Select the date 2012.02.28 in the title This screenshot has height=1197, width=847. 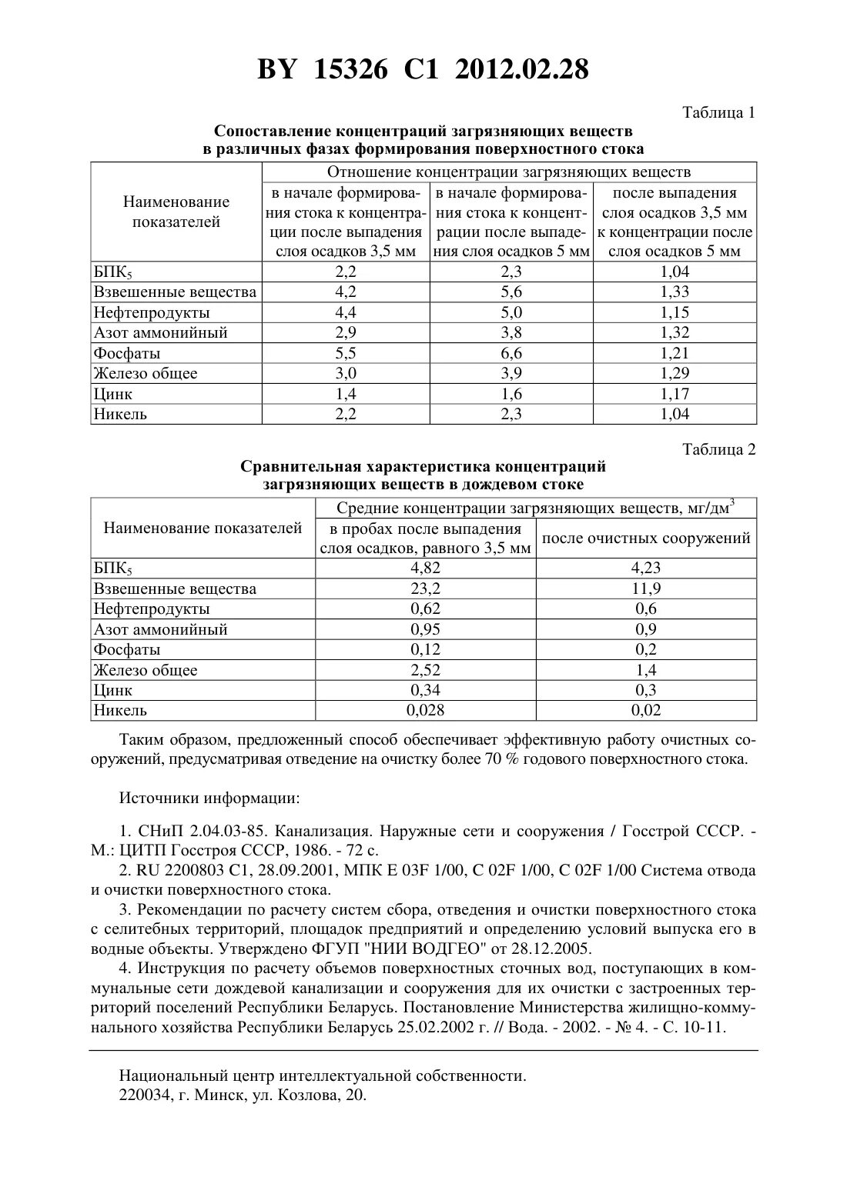(x=521, y=70)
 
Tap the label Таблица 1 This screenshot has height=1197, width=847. (x=719, y=113)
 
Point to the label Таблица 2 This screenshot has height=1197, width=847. (x=719, y=449)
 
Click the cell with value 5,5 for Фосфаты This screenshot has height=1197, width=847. (x=346, y=353)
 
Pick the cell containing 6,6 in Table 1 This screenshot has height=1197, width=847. (x=511, y=353)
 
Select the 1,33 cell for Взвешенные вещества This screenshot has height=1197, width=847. (x=675, y=292)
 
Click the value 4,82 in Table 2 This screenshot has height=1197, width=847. (x=425, y=568)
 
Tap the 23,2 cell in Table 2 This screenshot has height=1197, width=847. (x=425, y=588)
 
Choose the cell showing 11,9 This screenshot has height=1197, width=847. (x=646, y=588)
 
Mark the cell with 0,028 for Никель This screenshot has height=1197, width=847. (x=425, y=710)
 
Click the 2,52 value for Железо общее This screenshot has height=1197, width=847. (x=425, y=670)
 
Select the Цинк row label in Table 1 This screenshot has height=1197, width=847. (x=113, y=394)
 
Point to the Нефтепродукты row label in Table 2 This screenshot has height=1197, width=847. (x=152, y=609)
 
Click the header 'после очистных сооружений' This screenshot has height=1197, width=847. (x=646, y=538)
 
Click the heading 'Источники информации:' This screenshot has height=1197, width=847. (x=209, y=797)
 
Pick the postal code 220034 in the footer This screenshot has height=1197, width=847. (x=144, y=1095)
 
